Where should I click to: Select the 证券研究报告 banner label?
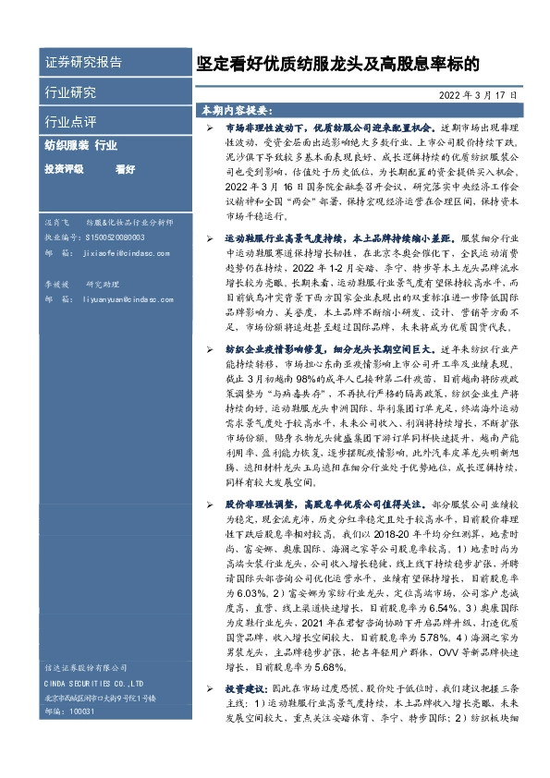[x=83, y=62]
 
